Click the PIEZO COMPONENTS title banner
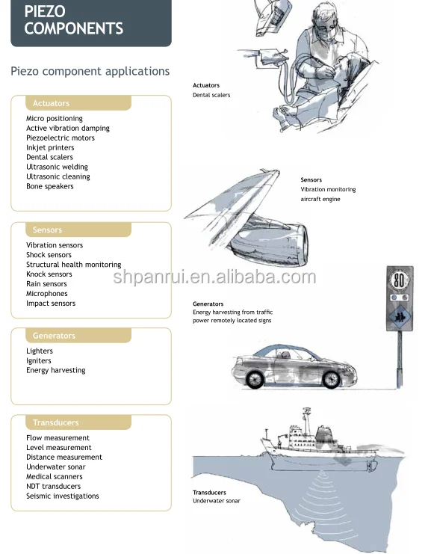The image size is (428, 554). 91,22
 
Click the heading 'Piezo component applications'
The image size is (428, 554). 90,71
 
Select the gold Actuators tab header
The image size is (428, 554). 78,103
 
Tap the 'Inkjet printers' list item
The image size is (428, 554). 50,147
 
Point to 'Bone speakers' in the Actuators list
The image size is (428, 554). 50,186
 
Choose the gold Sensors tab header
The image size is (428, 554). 78,230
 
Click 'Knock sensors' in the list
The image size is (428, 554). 49,274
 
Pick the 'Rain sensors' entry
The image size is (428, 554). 46,283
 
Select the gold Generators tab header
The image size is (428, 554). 78,336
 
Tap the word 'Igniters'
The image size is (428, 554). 38,361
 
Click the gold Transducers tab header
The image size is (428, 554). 78,422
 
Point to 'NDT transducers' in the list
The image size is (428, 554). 53,486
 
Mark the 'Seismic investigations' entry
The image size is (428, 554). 63,496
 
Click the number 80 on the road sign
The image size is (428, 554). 399,281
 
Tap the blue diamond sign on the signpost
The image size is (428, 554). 400,316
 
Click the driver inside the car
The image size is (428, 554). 285,354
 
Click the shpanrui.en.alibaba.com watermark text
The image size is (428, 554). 214,277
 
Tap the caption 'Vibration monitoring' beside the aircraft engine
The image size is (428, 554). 328,189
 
